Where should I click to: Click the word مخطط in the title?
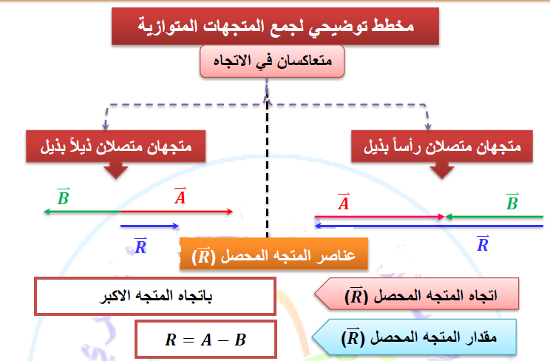pyautogui.click(x=393, y=26)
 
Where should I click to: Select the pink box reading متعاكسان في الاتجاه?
pyautogui.click(x=272, y=61)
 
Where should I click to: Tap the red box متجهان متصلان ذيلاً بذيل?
pyautogui.click(x=116, y=146)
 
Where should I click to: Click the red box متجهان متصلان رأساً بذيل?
pyautogui.click(x=442, y=146)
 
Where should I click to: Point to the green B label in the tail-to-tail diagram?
pyautogui.click(x=64, y=197)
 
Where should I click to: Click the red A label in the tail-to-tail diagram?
pyautogui.click(x=180, y=196)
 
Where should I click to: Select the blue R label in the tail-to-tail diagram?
pyautogui.click(x=140, y=246)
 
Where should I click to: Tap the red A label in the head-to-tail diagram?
pyautogui.click(x=344, y=202)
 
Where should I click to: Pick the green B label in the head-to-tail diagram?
pyautogui.click(x=512, y=202)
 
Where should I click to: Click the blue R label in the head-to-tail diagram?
pyautogui.click(x=483, y=243)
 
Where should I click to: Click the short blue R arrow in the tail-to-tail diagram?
pyautogui.click(x=150, y=226)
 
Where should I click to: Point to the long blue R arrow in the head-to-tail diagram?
pyautogui.click(x=429, y=226)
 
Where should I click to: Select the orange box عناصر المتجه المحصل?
pyautogui.click(x=274, y=254)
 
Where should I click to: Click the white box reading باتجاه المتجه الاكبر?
pyautogui.click(x=155, y=296)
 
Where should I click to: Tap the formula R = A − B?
pyautogui.click(x=206, y=340)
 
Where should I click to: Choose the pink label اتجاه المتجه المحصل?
pyautogui.click(x=417, y=294)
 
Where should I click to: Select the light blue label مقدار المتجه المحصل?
pyautogui.click(x=414, y=337)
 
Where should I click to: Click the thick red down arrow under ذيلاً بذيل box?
pyautogui.click(x=116, y=170)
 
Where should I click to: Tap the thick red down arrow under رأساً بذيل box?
pyautogui.click(x=442, y=170)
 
